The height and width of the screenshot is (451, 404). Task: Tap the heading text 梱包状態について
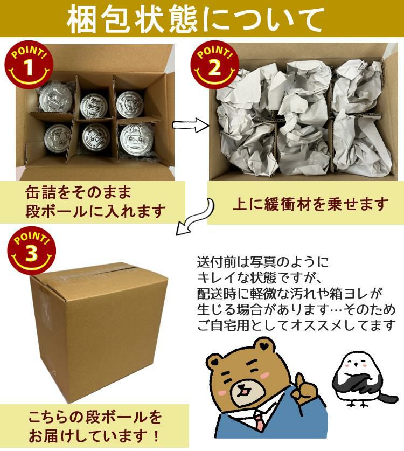click(x=201, y=20)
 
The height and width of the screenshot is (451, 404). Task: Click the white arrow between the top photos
click(x=190, y=126)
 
